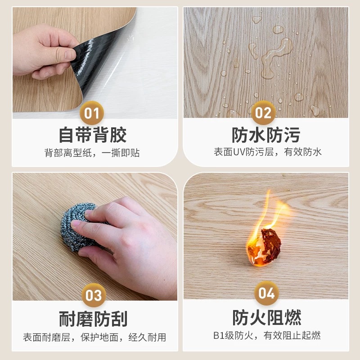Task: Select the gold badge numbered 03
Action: pos(94,295)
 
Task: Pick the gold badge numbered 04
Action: pos(266,293)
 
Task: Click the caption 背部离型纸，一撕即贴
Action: pos(92,153)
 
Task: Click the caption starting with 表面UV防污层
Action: pos(267,152)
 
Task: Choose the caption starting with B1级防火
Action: pos(267,336)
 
